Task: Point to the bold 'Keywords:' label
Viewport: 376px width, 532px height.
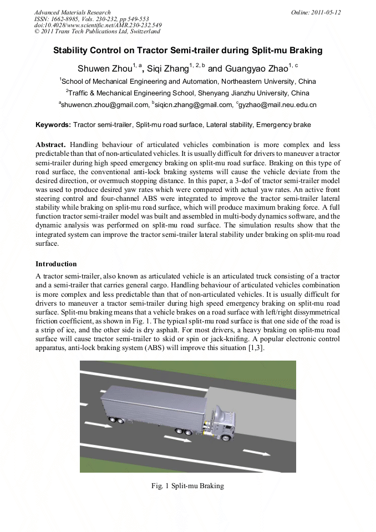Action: click(53, 125)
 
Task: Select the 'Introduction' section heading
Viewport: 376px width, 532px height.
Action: click(56, 264)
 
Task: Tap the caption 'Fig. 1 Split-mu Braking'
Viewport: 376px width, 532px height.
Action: click(187, 486)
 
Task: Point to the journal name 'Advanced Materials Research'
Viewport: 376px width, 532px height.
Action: click(72, 12)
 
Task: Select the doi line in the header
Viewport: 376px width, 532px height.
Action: click(98, 26)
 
